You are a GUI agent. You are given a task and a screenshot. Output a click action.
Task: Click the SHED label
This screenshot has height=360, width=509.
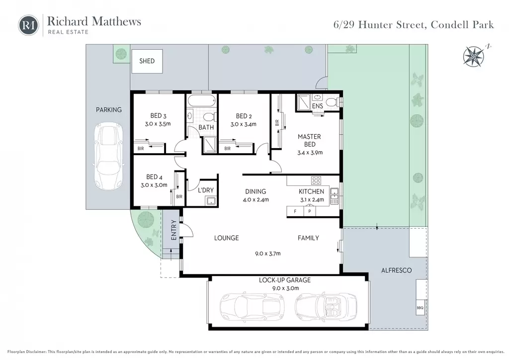click(147, 61)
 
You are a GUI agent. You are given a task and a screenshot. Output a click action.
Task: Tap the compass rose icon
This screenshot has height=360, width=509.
click(474, 57)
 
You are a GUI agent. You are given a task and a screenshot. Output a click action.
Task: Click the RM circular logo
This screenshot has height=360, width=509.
click(28, 25)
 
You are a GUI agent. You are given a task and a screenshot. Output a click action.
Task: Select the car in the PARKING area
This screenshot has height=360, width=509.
click(108, 157)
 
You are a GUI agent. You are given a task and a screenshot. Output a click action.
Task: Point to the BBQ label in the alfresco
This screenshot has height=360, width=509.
click(420, 308)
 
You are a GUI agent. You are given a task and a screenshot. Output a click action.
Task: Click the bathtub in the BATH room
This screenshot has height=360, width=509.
click(202, 100)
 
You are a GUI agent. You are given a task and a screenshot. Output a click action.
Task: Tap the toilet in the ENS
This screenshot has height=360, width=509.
click(332, 102)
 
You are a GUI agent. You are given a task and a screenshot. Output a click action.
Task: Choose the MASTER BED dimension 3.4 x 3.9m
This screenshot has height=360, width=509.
click(310, 153)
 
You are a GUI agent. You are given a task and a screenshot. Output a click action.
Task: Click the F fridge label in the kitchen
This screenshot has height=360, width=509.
click(295, 211)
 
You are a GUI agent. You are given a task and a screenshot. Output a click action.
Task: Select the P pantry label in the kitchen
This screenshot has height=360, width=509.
click(310, 211)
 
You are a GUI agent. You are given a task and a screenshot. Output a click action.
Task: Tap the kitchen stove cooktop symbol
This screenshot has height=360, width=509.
click(316, 180)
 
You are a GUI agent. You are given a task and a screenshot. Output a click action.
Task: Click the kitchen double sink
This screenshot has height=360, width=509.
click(335, 196)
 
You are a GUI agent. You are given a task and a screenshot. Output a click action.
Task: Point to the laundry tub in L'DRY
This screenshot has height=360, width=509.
click(211, 201)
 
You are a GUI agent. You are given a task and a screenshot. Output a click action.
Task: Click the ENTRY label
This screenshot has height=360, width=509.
click(173, 230)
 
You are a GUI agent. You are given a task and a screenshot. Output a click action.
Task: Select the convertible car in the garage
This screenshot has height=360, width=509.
click(326, 305)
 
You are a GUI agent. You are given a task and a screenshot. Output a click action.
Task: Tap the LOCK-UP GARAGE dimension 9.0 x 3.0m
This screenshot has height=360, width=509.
click(285, 288)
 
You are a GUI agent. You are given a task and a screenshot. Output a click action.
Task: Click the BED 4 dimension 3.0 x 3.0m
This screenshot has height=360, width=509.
click(154, 185)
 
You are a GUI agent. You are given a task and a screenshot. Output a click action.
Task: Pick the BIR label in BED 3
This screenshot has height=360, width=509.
click(141, 149)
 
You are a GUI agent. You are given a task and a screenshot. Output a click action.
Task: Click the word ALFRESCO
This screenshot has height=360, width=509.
click(396, 270)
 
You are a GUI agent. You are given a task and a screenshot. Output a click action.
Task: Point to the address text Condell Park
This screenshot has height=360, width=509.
click(462, 25)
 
